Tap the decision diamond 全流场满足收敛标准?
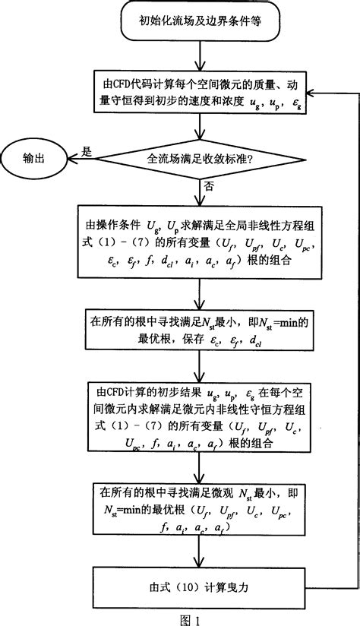199,159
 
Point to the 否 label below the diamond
208,185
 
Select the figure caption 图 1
187,617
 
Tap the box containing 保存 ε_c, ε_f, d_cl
199,332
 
